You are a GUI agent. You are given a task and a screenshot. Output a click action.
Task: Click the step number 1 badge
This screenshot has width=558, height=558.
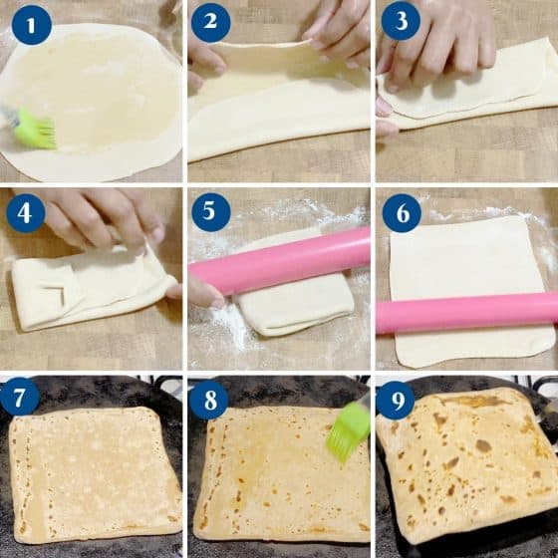pyautogui.click(x=31, y=25)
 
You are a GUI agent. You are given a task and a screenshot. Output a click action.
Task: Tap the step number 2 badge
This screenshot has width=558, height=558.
pyautogui.click(x=210, y=21)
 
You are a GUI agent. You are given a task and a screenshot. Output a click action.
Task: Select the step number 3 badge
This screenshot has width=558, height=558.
pyautogui.click(x=400, y=21)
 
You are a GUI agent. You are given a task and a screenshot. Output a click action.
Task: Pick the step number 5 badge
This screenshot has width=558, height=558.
pyautogui.click(x=210, y=212)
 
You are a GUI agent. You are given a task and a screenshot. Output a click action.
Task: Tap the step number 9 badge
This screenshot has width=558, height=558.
pyautogui.click(x=399, y=399)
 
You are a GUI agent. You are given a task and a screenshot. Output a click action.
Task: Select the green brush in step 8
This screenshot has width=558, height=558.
pyautogui.click(x=348, y=430)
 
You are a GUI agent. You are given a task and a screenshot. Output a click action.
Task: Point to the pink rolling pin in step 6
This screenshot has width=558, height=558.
pyautogui.click(x=466, y=313)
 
